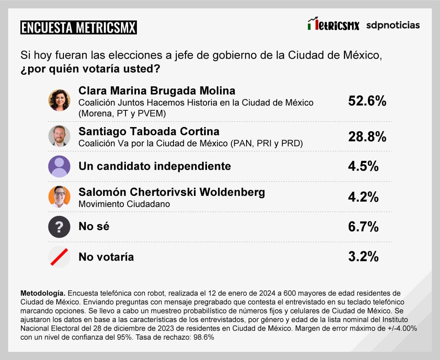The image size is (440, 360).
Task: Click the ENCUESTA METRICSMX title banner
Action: coord(78,27)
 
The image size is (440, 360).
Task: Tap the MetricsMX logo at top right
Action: coord(333,24)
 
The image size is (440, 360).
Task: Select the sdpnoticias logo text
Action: coord(393,25)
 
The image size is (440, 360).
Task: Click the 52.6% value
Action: coord(367,101)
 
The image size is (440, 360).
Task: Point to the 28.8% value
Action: coord(367,137)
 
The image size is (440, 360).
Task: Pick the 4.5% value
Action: coord(363,167)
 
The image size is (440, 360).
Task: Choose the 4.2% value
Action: coord(363,197)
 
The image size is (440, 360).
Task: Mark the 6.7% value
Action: coord(363,227)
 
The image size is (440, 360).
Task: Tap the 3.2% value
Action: coord(363,257)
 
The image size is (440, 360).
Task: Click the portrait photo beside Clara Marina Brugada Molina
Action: coord(59,100)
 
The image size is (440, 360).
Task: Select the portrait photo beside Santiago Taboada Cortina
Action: coord(59,136)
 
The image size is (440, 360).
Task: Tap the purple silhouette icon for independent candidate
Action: coord(59,166)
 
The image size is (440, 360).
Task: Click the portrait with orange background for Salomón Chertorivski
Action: coord(59,196)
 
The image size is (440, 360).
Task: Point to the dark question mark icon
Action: coord(59,227)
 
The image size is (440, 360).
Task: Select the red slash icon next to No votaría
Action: coord(59,257)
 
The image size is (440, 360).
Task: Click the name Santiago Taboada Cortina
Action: coord(149,132)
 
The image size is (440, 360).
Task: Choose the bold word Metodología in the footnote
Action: coord(43,293)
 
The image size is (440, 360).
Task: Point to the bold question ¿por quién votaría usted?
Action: coord(90,68)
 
